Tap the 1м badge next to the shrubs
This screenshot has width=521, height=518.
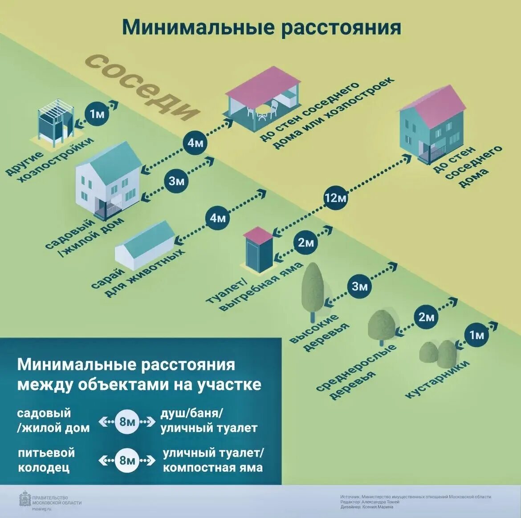point(476,334)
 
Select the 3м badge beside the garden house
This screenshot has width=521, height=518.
point(177,181)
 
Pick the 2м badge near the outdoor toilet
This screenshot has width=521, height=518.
point(306,243)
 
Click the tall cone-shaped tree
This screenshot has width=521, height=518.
point(313,289)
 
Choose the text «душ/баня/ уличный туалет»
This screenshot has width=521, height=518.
point(209,421)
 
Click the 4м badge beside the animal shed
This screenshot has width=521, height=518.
point(218,218)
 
